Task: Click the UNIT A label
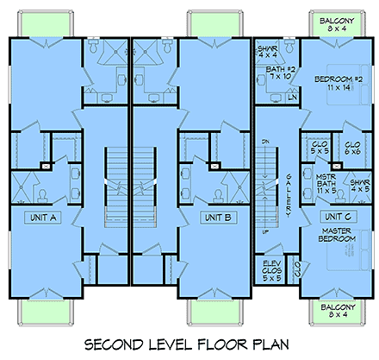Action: (x=41, y=218)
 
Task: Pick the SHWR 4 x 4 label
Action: (x=267, y=50)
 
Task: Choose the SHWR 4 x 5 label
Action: (x=360, y=186)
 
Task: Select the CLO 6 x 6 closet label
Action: (x=351, y=149)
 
